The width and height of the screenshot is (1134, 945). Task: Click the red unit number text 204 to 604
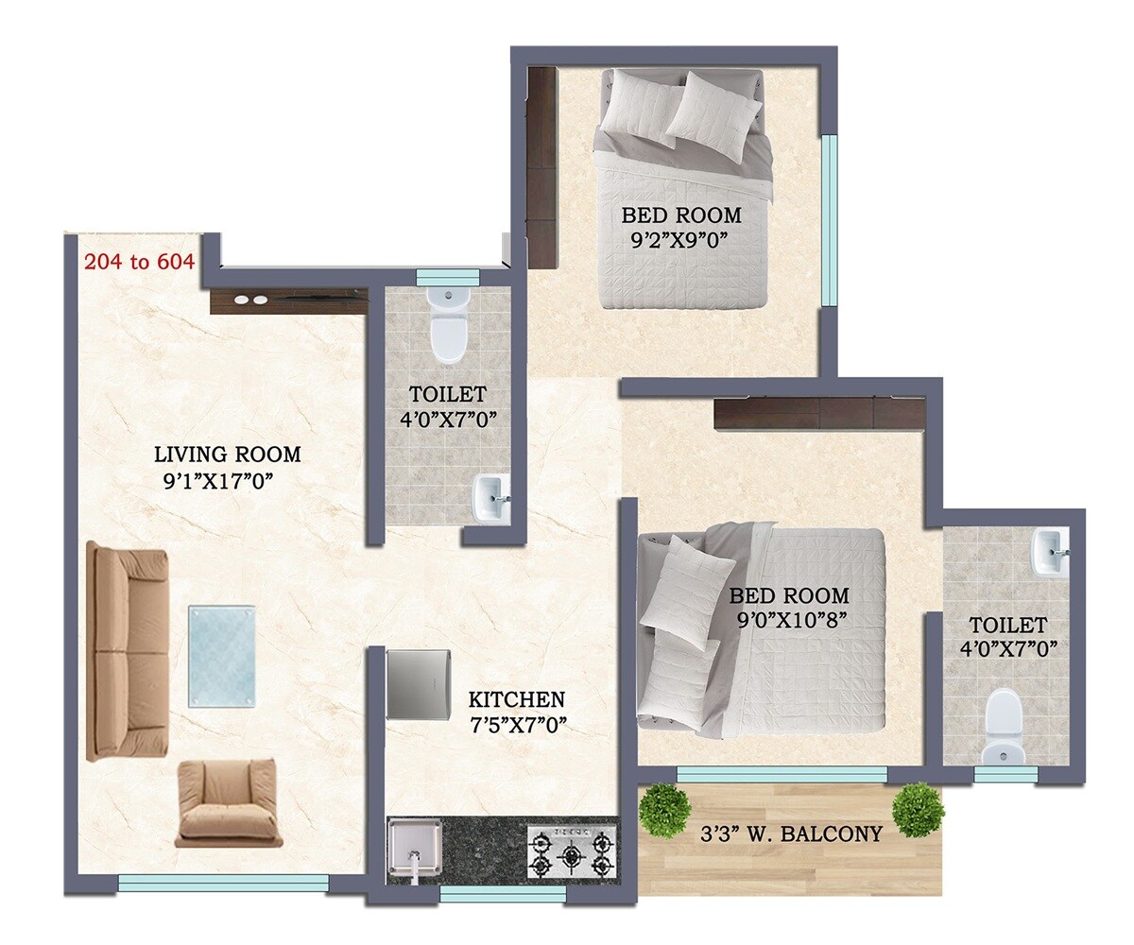[139, 262]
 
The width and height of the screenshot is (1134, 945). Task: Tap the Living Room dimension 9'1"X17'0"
[218, 479]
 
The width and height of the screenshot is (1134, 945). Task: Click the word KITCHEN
[516, 700]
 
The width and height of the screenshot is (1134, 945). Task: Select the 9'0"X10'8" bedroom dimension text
[788, 620]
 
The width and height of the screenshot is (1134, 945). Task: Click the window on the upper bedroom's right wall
[830, 220]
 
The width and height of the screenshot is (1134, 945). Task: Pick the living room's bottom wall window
[223, 883]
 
